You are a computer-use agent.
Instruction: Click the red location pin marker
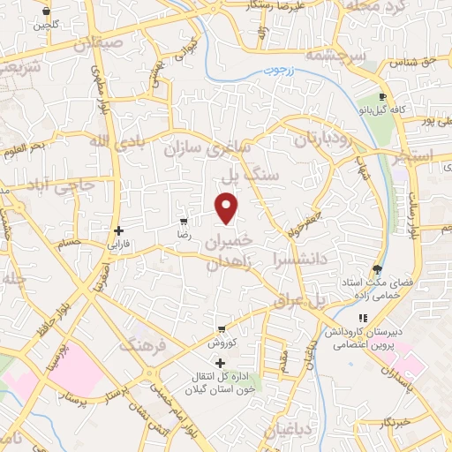pyautogui.click(x=228, y=207)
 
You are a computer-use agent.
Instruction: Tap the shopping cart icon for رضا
pyautogui.click(x=184, y=222)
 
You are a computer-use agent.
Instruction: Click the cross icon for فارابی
pyautogui.click(x=118, y=230)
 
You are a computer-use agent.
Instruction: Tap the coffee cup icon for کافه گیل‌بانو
pyautogui.click(x=381, y=97)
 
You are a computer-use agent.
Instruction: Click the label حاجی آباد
pyautogui.click(x=59, y=187)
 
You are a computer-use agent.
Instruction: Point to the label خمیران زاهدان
pyautogui.click(x=230, y=252)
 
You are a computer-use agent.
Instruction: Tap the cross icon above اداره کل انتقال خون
pyautogui.click(x=220, y=363)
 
